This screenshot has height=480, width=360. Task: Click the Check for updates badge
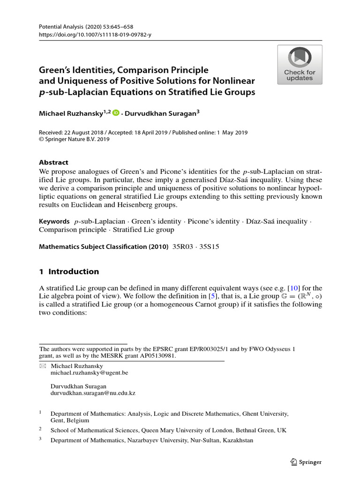pyautogui.click(x=300, y=65)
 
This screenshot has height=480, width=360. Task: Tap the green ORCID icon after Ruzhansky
pyautogui.click(x=116, y=112)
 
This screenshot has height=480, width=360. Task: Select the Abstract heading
pyautogui.click(x=53, y=162)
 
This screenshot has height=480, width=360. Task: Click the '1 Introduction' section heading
pyautogui.click(x=69, y=271)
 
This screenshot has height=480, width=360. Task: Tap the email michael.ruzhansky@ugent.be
pyautogui.click(x=89, y=373)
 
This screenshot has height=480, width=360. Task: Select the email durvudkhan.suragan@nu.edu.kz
pyautogui.click(x=93, y=393)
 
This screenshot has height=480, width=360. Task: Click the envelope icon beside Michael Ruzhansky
pyautogui.click(x=43, y=365)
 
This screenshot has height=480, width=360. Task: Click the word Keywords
pyautogui.click(x=54, y=221)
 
